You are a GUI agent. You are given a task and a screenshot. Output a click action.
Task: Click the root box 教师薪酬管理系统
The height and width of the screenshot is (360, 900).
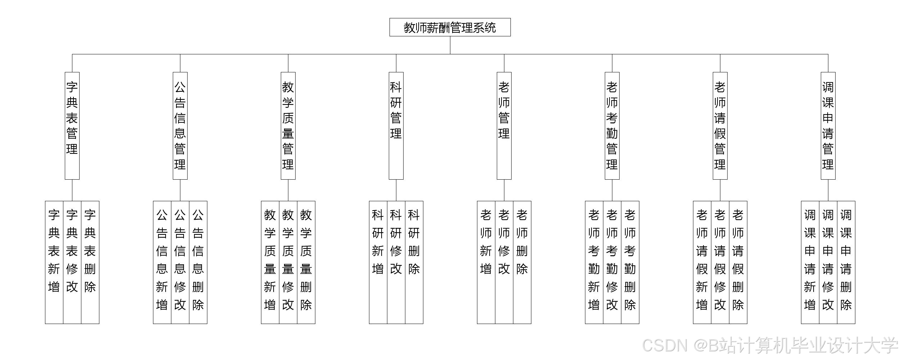click(x=450, y=27)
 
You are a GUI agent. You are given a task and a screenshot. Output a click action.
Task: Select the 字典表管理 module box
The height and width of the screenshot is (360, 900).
click(x=72, y=126)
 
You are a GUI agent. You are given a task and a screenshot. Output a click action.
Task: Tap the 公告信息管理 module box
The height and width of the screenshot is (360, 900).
click(x=180, y=126)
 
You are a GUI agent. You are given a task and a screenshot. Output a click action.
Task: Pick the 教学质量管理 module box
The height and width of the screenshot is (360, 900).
click(x=288, y=126)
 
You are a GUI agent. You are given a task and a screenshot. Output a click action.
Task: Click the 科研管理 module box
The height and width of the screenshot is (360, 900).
click(x=396, y=126)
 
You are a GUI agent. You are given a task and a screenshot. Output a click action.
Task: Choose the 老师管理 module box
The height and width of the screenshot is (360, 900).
click(x=504, y=126)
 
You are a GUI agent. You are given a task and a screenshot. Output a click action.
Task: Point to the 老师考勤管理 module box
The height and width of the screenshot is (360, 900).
click(x=612, y=126)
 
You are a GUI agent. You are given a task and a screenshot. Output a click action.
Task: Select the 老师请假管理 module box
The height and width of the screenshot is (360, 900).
click(x=720, y=126)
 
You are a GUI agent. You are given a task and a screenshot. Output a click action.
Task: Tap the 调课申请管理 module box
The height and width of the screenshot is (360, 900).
click(x=828, y=126)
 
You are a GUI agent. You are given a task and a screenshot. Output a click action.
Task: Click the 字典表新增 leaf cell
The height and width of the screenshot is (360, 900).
click(x=54, y=262)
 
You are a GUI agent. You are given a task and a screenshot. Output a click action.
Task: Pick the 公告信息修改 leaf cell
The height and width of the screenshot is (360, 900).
click(x=180, y=262)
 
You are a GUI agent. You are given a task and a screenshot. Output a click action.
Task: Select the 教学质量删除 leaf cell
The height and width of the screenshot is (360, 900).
click(x=306, y=262)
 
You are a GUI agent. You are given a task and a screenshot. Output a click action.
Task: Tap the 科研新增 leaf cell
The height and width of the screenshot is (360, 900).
click(x=378, y=262)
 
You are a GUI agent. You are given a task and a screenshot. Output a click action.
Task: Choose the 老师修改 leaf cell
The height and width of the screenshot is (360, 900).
click(x=504, y=262)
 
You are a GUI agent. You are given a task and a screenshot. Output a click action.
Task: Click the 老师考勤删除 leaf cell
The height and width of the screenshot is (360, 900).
click(x=630, y=262)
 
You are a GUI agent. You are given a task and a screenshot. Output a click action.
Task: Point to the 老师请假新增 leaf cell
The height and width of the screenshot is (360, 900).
click(x=702, y=262)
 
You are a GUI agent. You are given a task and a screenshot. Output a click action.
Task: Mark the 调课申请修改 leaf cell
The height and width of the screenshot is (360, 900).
click(x=828, y=262)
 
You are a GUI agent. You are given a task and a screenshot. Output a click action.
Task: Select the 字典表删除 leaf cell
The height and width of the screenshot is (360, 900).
click(x=90, y=262)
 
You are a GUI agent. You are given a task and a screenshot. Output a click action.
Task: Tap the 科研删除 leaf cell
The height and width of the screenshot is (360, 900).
click(x=414, y=262)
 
